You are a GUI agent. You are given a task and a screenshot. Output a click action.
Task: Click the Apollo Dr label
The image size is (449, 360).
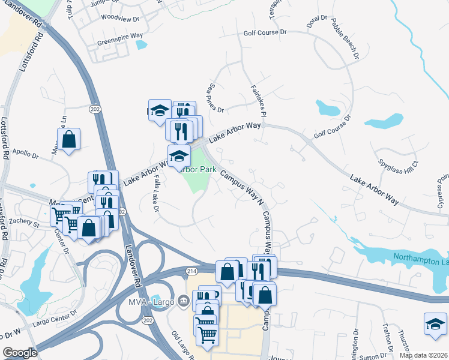(x=25, y=155)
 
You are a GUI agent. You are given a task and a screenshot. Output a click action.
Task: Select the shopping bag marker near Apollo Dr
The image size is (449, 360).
(x=70, y=140)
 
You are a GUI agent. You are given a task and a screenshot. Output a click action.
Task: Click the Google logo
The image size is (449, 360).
(x=20, y=353)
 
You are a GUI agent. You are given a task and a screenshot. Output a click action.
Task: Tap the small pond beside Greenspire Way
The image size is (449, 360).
(x=141, y=44)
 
